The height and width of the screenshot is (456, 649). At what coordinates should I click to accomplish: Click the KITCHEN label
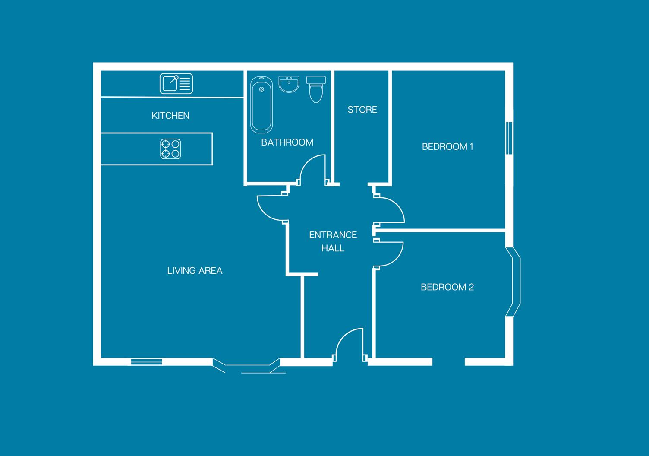[x=170, y=116]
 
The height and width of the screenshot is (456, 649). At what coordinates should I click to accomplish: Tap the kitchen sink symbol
[x=176, y=83]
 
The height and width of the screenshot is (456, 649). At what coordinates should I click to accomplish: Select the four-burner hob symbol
[x=170, y=149]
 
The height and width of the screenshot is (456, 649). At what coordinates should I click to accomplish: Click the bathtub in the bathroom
[x=261, y=104]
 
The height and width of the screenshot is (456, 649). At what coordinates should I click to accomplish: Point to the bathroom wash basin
[x=289, y=84]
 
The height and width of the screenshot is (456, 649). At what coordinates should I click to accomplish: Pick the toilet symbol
[x=316, y=89]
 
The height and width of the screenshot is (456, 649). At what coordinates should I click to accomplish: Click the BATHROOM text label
[x=287, y=142]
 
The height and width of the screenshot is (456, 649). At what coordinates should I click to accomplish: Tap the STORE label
[x=362, y=110]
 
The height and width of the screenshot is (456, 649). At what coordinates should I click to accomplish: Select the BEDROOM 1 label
[x=447, y=147]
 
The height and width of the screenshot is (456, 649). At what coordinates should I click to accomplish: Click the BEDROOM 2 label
[x=447, y=287]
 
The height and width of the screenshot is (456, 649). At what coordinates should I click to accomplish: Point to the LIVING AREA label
[x=195, y=271]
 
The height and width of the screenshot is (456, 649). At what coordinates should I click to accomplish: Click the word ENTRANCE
[x=333, y=235]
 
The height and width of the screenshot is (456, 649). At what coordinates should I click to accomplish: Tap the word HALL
[x=333, y=248]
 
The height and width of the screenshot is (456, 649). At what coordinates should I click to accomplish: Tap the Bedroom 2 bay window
[x=515, y=282]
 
